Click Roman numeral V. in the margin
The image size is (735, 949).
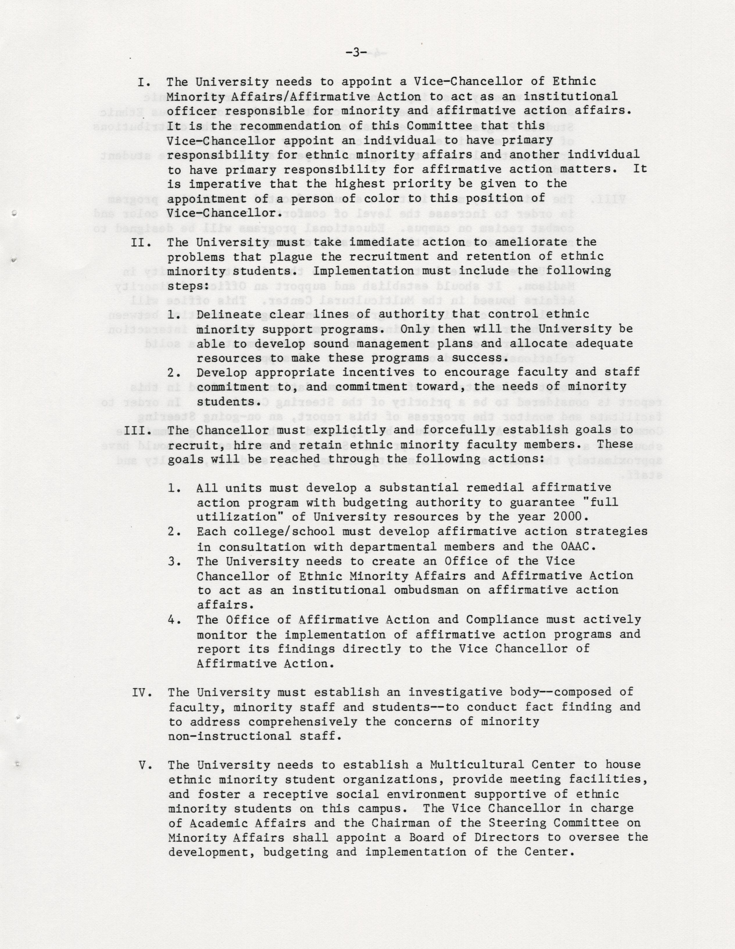click(145, 765)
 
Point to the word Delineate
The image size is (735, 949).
click(229, 314)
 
